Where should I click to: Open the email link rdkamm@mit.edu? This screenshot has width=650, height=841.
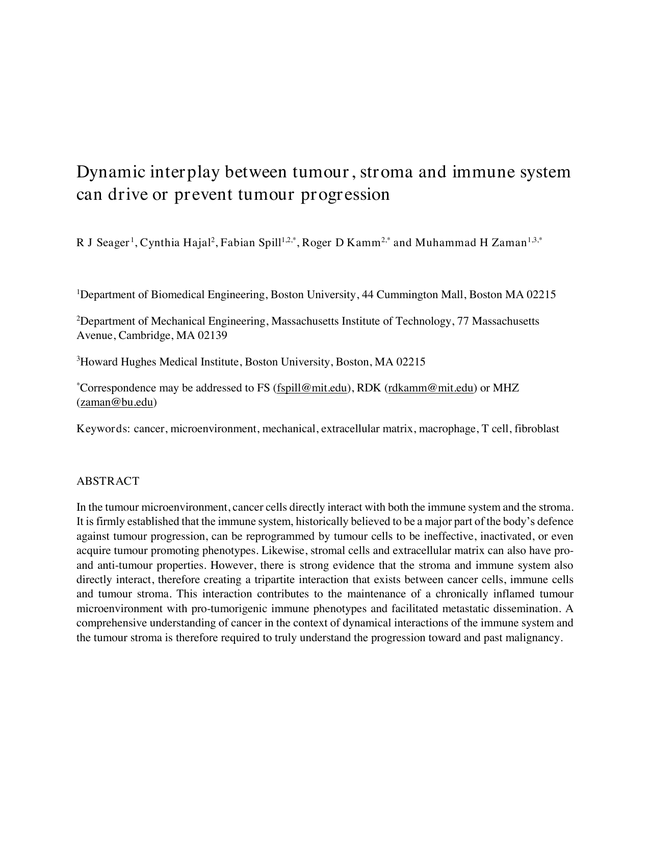(x=431, y=388)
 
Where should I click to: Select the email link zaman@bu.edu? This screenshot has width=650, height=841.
(x=117, y=402)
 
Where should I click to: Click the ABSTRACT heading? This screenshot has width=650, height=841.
(x=108, y=481)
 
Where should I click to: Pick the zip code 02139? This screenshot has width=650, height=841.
(x=211, y=335)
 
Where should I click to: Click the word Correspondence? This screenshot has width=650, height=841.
(x=118, y=388)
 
